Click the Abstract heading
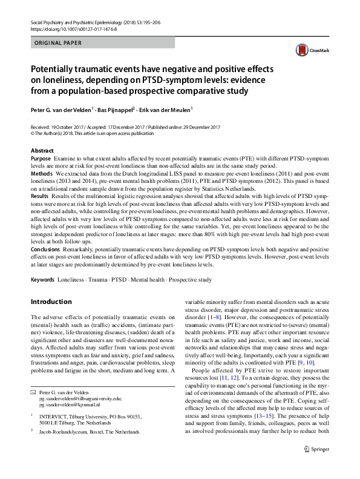click(x=42, y=150)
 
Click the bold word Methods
click(x=42, y=173)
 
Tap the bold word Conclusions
click(x=45, y=249)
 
